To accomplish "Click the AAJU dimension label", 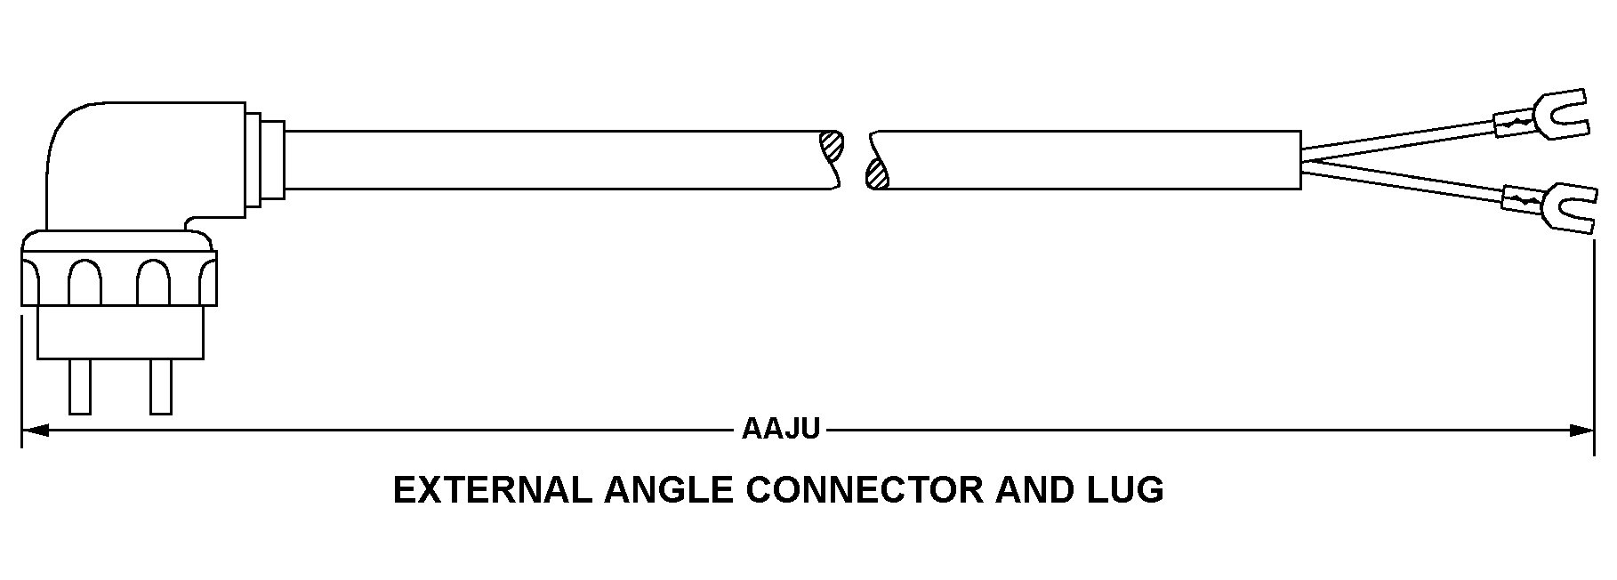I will [x=780, y=430].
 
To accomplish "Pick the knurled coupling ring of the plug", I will [x=118, y=280].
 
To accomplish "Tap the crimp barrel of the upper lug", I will [x=1516, y=122].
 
